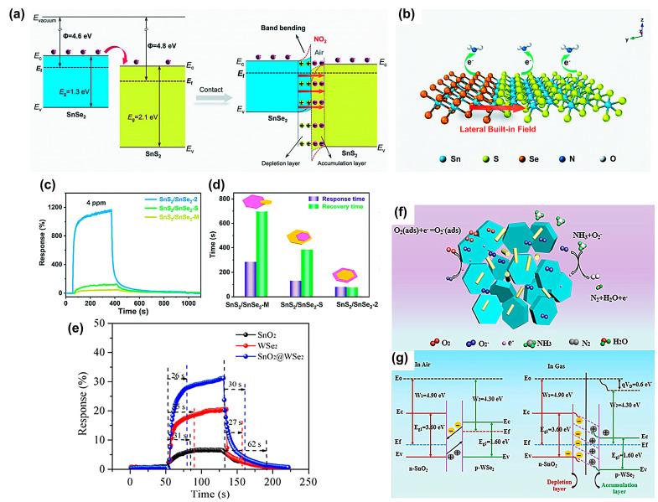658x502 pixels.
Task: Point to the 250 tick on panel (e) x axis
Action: click(x=307, y=484)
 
